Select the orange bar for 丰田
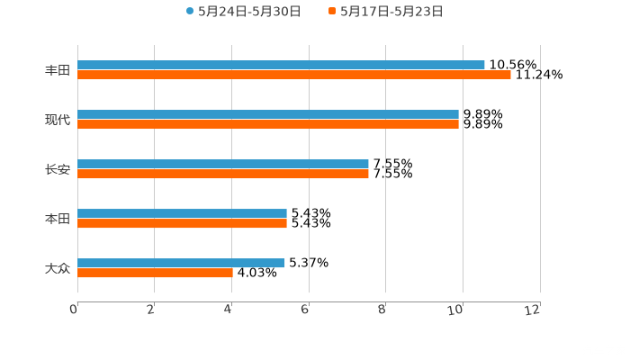(x=293, y=75)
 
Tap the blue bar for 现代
(x=268, y=114)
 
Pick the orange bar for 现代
(x=268, y=124)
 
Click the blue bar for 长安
(x=223, y=164)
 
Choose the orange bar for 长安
(x=223, y=174)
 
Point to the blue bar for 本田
(x=182, y=213)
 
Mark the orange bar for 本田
(x=182, y=223)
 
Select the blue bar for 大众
(x=181, y=263)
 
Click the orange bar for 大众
(x=155, y=273)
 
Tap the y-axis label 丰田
(x=58, y=70)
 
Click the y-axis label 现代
(x=58, y=120)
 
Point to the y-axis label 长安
(x=58, y=169)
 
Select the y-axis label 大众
(x=58, y=268)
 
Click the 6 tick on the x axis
(x=306, y=310)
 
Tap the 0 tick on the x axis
(x=74, y=310)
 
